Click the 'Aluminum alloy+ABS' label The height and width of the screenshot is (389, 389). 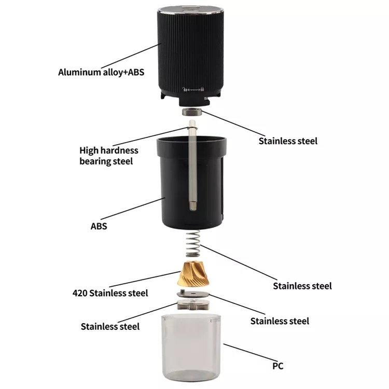101,72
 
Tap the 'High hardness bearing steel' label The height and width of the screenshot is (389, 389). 109,156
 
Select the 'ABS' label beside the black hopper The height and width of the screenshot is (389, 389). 99,226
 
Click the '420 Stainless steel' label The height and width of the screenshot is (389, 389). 110,293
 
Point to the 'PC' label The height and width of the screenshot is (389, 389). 278,366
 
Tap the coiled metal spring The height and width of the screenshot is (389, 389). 193,243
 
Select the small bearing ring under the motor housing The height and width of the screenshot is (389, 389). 192,112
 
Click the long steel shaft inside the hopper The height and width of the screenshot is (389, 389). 192,165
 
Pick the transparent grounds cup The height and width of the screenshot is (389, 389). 191,350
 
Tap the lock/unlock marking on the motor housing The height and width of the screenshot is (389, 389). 193,89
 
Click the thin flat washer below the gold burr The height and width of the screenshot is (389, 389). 193,294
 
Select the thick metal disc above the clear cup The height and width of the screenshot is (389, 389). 193,304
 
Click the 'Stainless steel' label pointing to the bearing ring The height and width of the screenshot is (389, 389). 288,141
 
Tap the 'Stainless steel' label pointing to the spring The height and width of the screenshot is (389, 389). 302,286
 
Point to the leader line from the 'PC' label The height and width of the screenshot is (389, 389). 250,352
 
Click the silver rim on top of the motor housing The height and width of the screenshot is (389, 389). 190,10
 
